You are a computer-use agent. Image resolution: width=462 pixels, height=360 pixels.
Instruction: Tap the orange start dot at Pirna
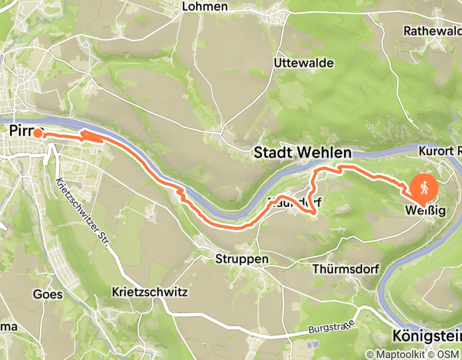[x=38, y=133]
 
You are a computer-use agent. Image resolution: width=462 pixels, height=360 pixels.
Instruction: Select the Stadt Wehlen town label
[x=303, y=153]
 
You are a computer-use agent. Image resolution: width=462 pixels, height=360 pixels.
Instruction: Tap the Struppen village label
[x=242, y=259]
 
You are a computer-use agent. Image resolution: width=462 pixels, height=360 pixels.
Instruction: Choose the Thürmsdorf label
[x=346, y=269]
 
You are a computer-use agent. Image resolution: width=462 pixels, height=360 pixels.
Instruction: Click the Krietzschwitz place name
[x=150, y=292]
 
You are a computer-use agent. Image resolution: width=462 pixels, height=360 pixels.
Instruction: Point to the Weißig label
[x=424, y=211]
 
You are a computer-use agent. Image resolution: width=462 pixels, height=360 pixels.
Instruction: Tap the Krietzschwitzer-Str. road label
[x=83, y=211]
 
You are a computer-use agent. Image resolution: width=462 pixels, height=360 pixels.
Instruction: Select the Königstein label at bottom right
[x=427, y=336]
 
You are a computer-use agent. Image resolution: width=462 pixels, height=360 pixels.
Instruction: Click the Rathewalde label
[x=431, y=31]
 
